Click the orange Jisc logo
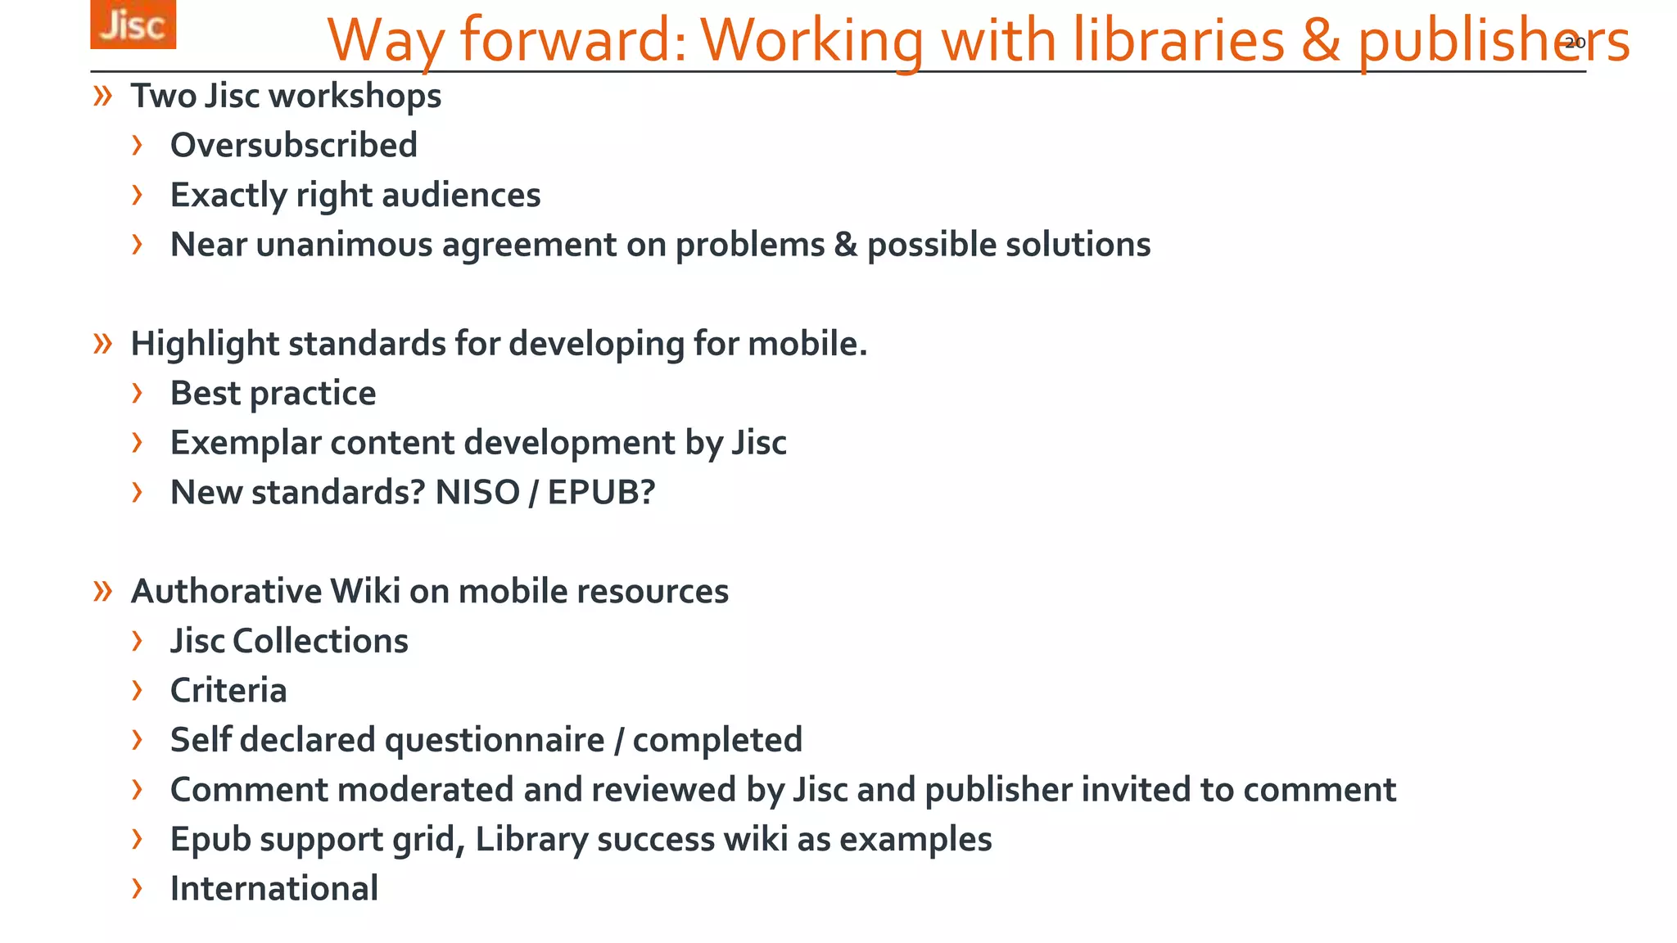tap(133, 25)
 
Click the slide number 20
tap(1575, 43)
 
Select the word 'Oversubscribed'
tap(293, 146)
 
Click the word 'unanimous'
tap(344, 245)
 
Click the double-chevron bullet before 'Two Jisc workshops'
tap(102, 97)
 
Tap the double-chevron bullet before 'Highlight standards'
tap(102, 344)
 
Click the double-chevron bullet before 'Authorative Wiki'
tap(102, 591)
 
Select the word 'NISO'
tap(477, 493)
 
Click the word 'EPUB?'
tap(601, 493)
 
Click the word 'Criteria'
tap(228, 691)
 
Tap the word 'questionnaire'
tap(495, 740)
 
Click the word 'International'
tap(273, 889)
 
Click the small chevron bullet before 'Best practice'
tap(137, 394)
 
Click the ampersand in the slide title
tap(1321, 40)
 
